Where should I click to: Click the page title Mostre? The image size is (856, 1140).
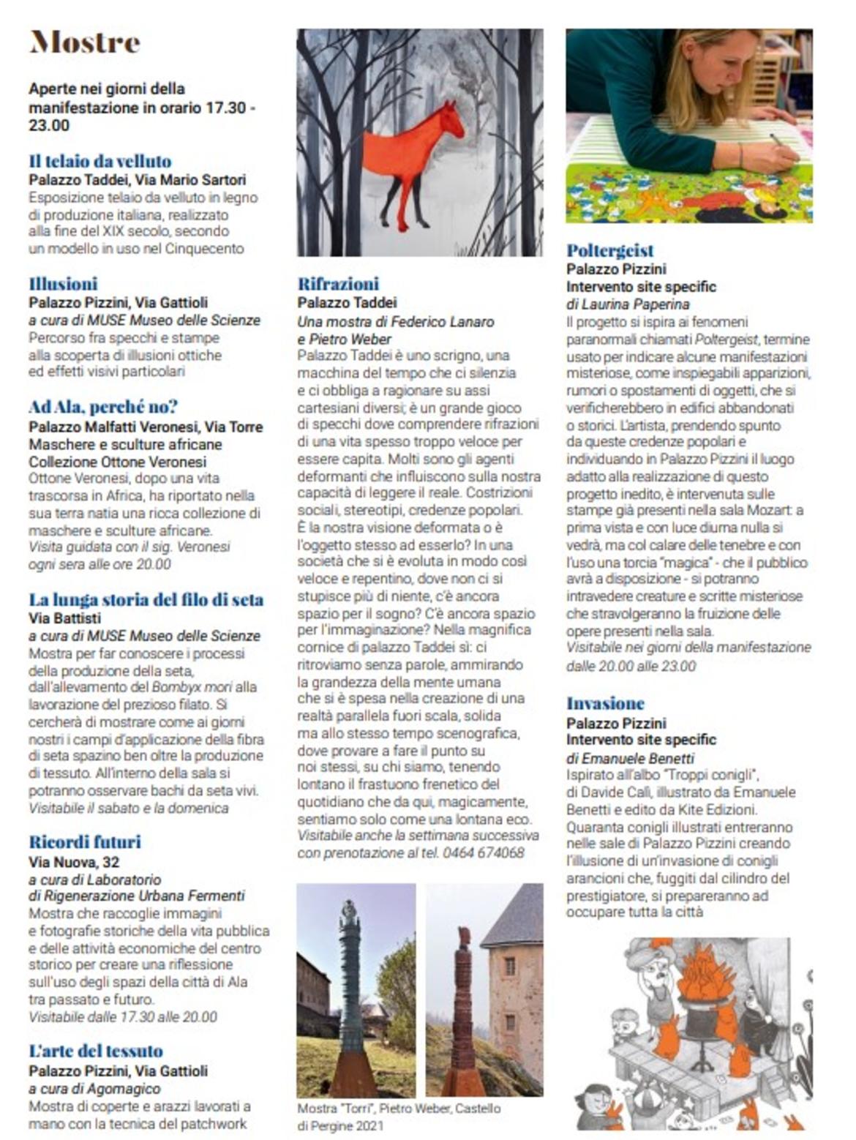[x=84, y=42]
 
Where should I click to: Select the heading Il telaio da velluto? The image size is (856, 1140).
[x=100, y=161]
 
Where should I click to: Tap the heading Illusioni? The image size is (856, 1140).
[x=63, y=284]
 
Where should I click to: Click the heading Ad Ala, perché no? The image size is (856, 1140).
[x=103, y=407]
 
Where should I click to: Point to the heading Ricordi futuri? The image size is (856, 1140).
[x=85, y=841]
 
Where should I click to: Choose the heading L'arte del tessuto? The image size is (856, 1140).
[x=96, y=1051]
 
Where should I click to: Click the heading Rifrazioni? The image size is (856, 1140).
[x=338, y=284]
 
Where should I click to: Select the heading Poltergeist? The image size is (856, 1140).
[x=610, y=250]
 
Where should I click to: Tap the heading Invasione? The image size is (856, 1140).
[x=605, y=704]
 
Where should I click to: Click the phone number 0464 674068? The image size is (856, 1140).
[x=484, y=852]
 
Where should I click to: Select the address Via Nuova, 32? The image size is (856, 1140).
[x=74, y=862]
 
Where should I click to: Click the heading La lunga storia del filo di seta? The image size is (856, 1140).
[x=146, y=600]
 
